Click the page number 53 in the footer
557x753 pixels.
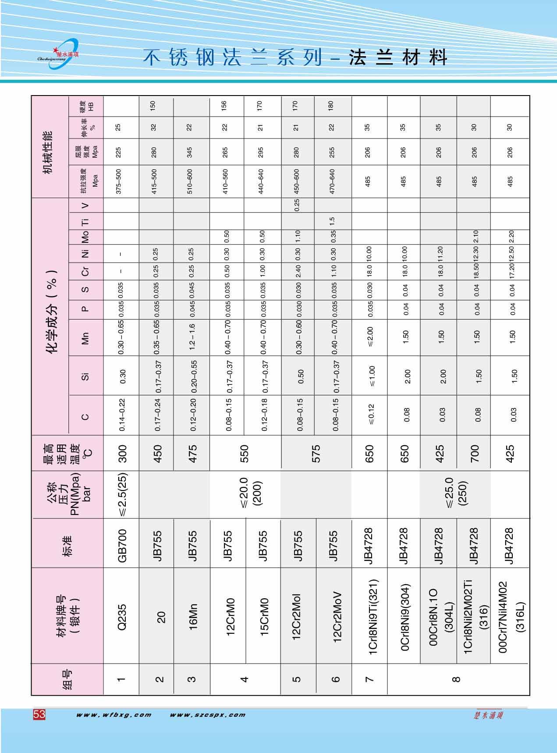tap(39, 714)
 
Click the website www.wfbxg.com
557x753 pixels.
tap(114, 715)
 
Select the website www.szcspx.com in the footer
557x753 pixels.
tap(207, 715)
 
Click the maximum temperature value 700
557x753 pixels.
tap(475, 454)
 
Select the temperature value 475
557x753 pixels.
tap(193, 454)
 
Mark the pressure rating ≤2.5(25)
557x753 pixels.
tap(122, 494)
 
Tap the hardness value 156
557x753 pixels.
tap(225, 106)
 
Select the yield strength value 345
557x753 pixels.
tap(190, 152)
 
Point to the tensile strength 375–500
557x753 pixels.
tap(118, 181)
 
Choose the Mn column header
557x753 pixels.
tap(85, 337)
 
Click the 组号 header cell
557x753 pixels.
tap(68, 679)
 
